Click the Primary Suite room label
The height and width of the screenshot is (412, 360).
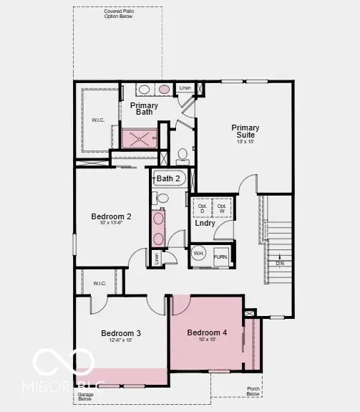(245, 131)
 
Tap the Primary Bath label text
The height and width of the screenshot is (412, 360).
(145, 108)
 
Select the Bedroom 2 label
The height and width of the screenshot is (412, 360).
(111, 216)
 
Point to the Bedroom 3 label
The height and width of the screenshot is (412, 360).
(120, 333)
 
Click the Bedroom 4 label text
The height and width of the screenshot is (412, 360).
(207, 332)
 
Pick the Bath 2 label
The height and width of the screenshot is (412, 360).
(168, 178)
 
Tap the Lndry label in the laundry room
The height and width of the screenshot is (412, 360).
(205, 223)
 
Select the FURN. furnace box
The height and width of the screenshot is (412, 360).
(220, 256)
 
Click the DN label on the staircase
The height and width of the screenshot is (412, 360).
(279, 262)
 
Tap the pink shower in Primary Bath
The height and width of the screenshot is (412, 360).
(140, 138)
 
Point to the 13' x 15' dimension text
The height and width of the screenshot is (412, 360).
(245, 142)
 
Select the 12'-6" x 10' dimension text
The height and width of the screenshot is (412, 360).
(120, 342)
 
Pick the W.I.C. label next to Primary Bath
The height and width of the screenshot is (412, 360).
(98, 120)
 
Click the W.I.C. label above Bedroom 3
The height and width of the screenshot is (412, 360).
(99, 284)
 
